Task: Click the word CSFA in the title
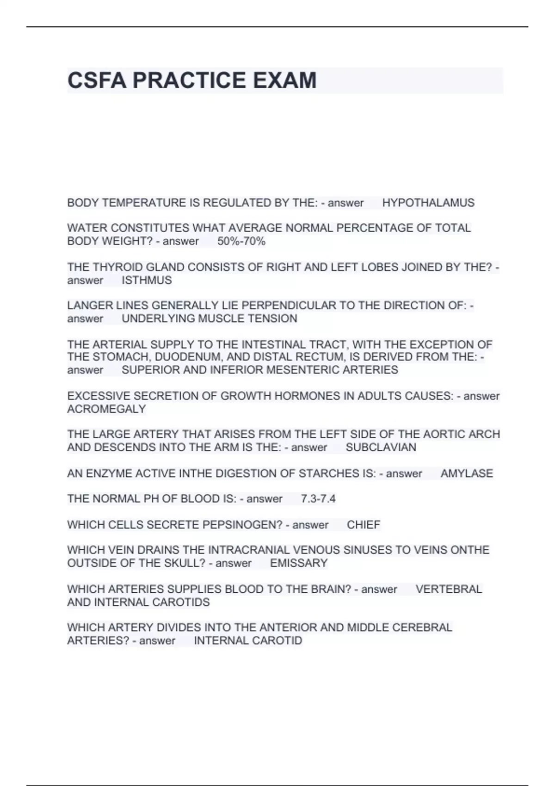tap(97, 80)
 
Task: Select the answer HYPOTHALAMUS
tap(428, 203)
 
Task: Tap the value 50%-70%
tap(241, 241)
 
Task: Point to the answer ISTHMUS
tap(147, 280)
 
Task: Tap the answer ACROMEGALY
tap(106, 409)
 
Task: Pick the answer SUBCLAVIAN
tap(381, 448)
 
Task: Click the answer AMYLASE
tap(467, 473)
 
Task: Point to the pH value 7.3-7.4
tap(318, 499)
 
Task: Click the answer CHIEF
tap(364, 525)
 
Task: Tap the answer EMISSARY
tap(299, 563)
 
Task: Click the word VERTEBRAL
tap(449, 589)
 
